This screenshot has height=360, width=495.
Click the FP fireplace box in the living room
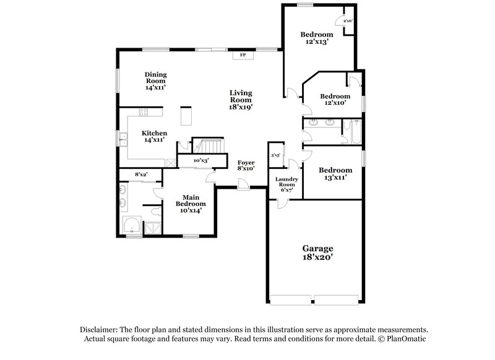[x=243, y=55]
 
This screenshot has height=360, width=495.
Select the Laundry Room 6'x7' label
[x=288, y=185]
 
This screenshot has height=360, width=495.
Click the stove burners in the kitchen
[x=144, y=112]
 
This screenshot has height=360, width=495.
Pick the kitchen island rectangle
[x=184, y=116]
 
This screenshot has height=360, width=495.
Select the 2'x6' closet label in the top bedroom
[x=348, y=21]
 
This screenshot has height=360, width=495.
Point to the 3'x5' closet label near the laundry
[x=275, y=155]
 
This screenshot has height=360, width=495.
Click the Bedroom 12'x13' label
[x=317, y=38]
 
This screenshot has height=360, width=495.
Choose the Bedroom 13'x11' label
[x=335, y=174]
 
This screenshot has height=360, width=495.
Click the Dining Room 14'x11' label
[x=156, y=81]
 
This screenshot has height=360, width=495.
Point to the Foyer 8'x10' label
[x=246, y=165]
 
